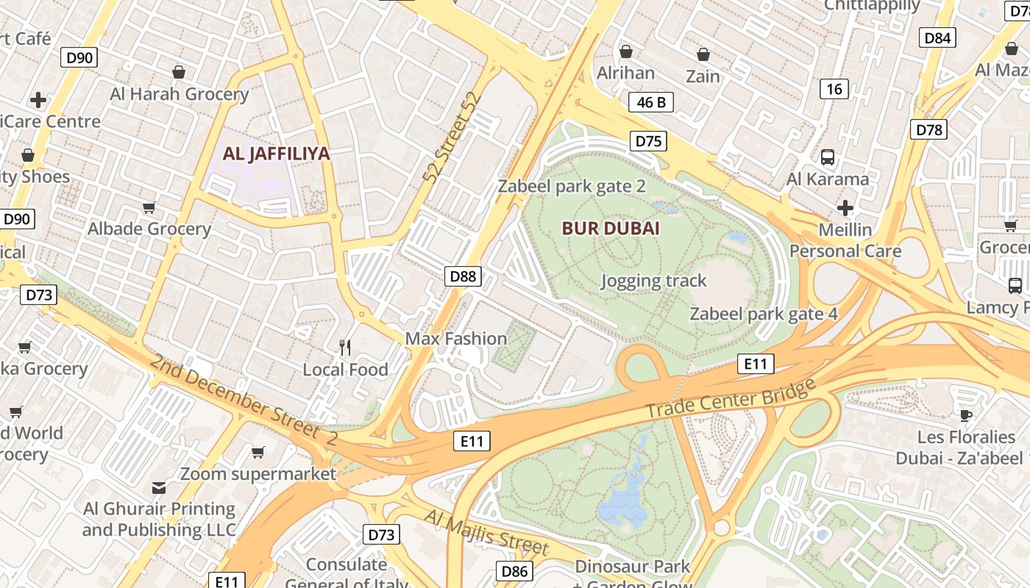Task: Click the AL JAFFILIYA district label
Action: [277, 154]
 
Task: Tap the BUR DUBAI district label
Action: [611, 228]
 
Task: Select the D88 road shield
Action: [464, 276]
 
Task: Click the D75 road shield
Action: [648, 140]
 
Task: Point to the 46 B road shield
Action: [651, 102]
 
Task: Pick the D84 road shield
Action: [937, 37]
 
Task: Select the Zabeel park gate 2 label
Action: [572, 186]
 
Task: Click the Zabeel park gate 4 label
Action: [763, 314]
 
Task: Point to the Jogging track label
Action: [653, 280]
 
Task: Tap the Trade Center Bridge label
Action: [731, 398]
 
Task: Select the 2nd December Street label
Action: [243, 401]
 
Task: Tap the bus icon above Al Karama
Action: [828, 157]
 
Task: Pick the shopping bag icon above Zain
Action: [703, 54]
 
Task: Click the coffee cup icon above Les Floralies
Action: [966, 415]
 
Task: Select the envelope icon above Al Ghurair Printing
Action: [159, 487]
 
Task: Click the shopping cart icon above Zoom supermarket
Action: [257, 452]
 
